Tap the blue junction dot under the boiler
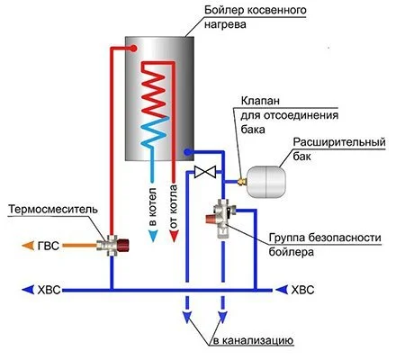[186, 153]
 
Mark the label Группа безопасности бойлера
[319, 245]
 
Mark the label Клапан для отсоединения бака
[280, 114]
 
